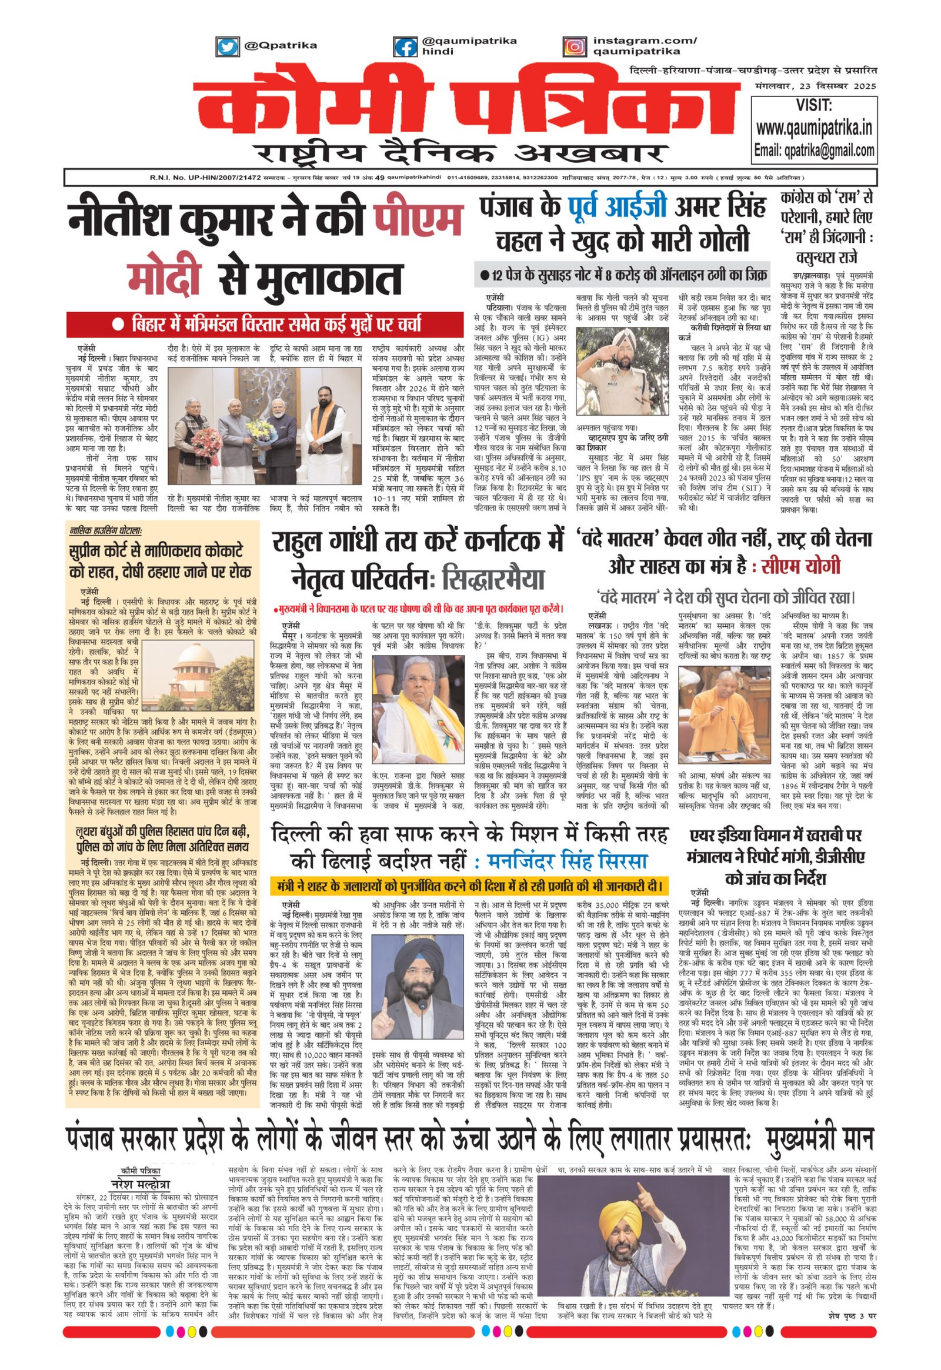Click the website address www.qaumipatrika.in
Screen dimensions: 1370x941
814,128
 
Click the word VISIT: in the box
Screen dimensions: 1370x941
813,105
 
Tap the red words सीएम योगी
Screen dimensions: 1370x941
802,566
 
